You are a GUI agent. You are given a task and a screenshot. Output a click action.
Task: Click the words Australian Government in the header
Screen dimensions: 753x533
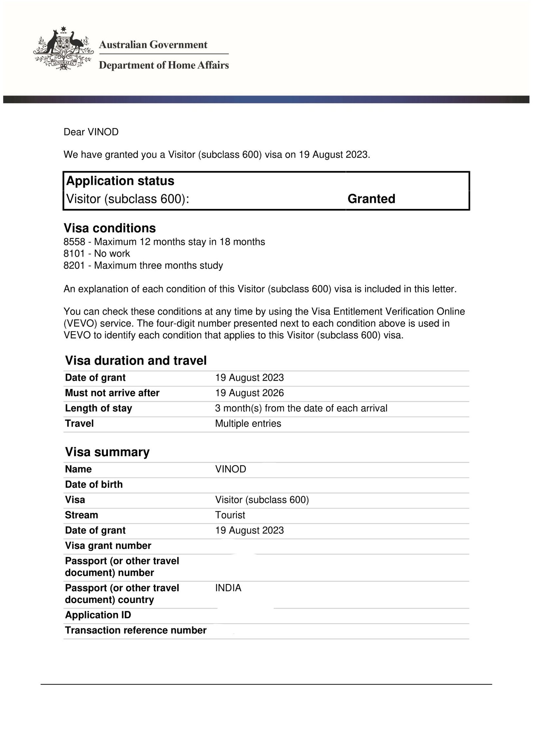153,45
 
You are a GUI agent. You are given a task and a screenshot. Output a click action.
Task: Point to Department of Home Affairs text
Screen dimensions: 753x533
164,65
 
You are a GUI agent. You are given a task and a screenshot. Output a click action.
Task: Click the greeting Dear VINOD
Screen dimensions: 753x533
91,132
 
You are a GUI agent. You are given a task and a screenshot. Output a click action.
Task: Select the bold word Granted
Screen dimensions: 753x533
371,199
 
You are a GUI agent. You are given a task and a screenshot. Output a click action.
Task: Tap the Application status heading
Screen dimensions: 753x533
120,181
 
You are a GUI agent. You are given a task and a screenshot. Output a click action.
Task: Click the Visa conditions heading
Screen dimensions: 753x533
110,228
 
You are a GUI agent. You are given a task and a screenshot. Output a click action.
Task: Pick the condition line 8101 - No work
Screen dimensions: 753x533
97,254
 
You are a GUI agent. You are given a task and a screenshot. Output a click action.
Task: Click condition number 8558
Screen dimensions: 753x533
74,242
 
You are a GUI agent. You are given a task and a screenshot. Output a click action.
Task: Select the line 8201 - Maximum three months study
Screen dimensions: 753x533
143,266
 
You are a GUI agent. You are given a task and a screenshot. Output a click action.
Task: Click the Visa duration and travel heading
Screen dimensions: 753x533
136,360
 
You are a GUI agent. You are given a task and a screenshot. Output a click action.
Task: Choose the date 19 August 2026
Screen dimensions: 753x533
249,393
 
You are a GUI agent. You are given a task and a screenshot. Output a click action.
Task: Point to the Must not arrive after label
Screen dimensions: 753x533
112,393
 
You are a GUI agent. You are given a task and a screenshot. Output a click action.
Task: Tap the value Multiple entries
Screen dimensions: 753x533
248,424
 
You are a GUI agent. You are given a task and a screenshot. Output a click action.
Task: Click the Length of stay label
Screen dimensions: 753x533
98,408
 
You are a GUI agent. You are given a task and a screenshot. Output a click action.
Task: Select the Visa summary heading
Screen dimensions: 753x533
107,452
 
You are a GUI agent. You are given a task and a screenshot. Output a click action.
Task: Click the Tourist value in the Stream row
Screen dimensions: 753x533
230,515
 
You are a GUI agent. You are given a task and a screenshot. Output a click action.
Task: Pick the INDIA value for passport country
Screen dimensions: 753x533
228,588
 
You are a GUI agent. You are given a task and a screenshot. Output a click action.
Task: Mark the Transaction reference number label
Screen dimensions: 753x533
136,630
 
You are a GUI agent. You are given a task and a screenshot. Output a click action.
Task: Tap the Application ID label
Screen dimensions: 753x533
98,615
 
